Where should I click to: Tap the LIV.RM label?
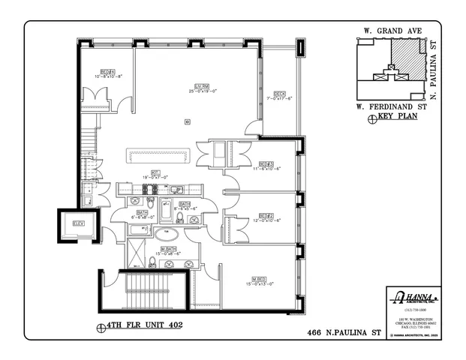pos(200,87)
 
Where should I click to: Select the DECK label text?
pos(279,94)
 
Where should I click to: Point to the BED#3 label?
pos(266,163)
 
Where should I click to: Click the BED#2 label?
pos(266,216)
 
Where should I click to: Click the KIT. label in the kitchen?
pos(155,172)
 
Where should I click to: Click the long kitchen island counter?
pos(159,156)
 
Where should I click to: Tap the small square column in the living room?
pos(186,121)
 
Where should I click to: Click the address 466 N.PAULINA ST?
pos(346,331)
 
